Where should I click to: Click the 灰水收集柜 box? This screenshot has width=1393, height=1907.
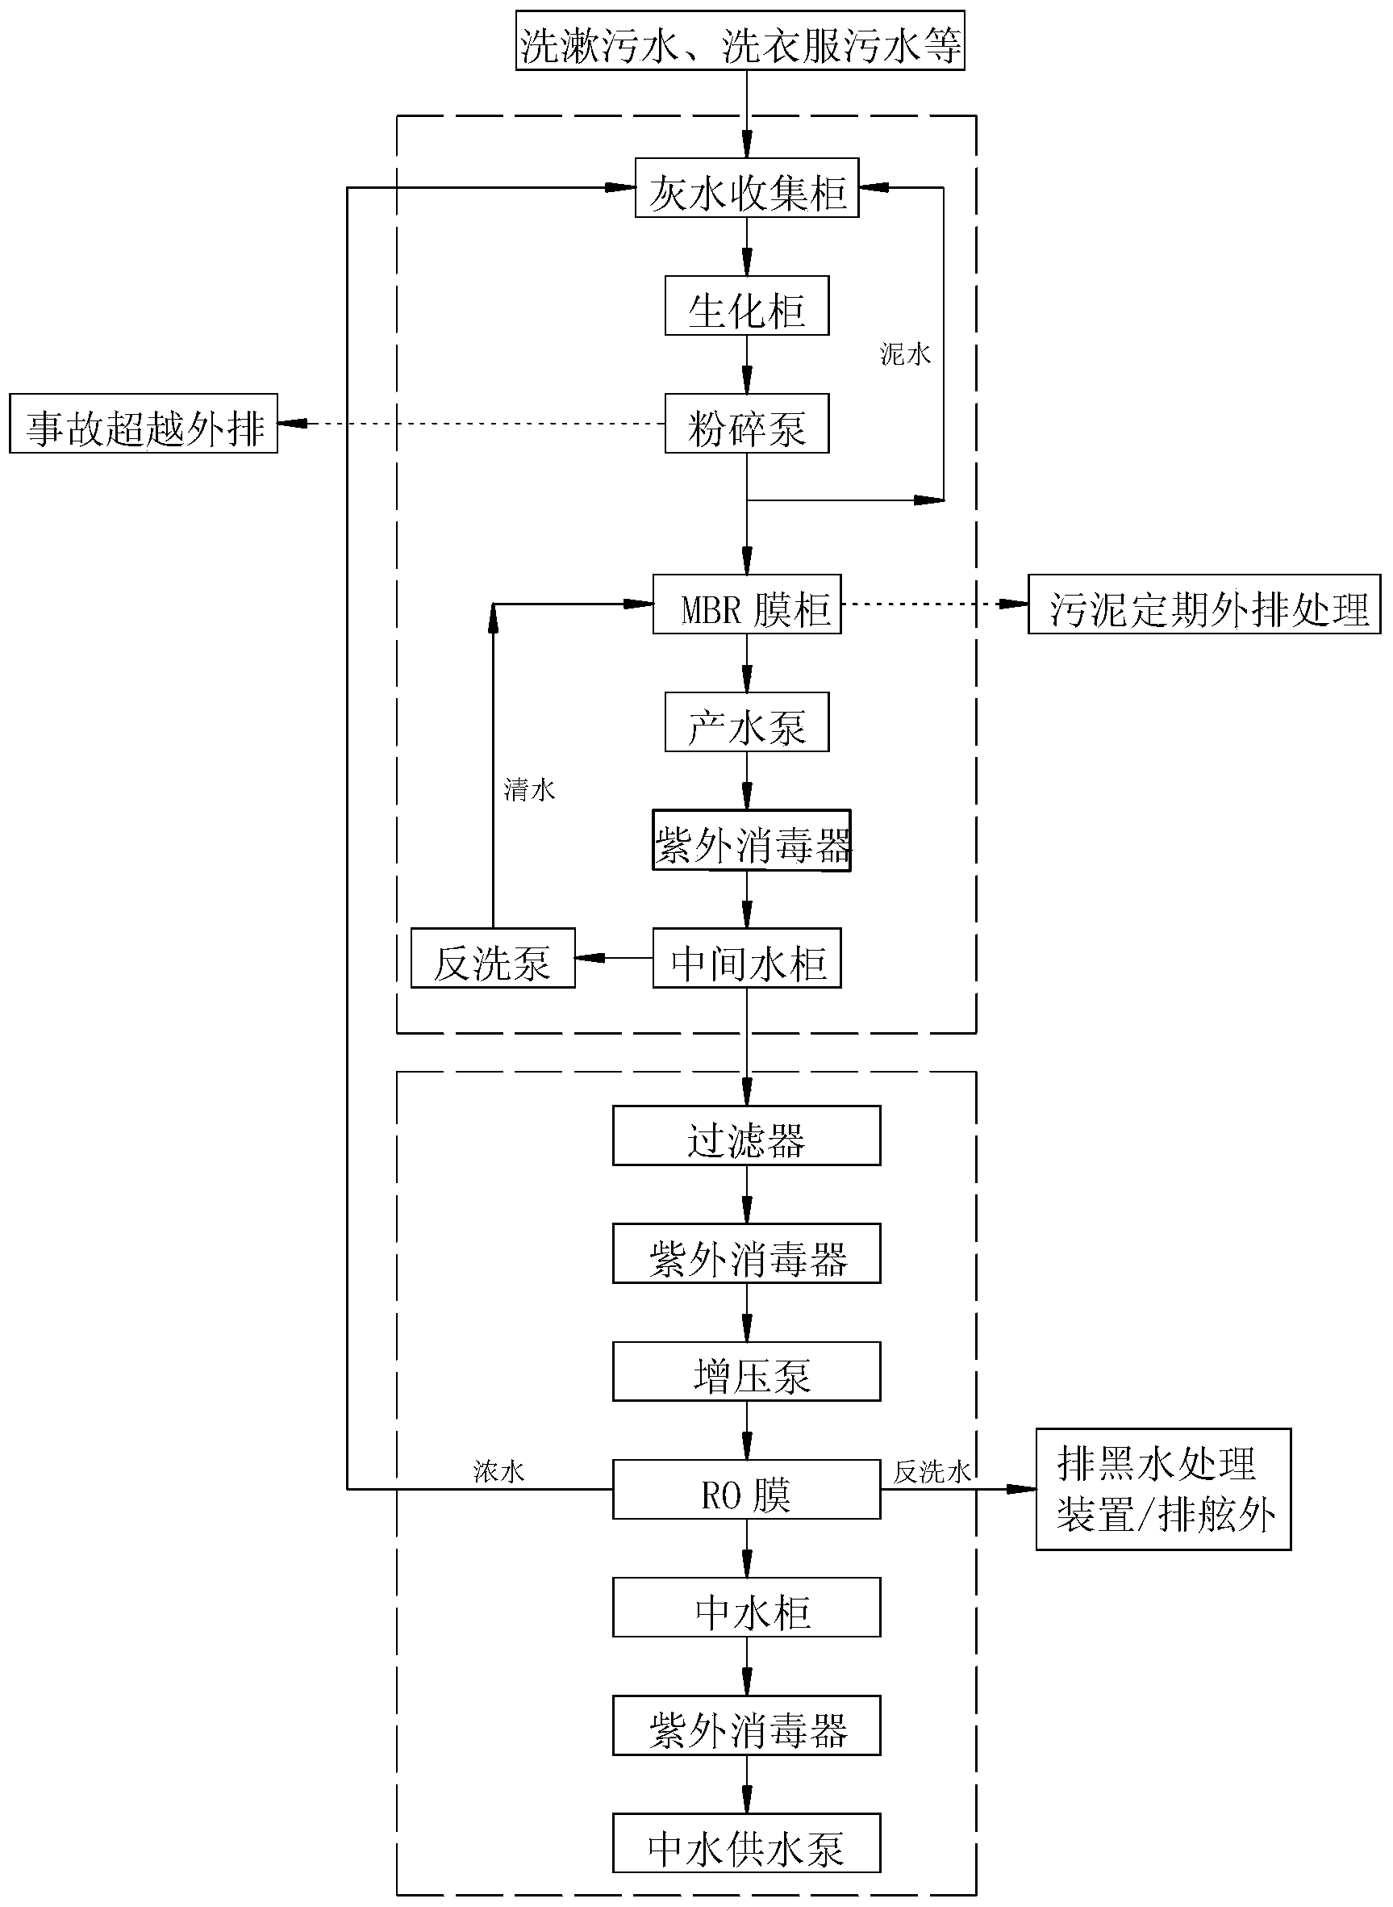[747, 187]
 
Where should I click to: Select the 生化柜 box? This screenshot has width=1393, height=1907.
[747, 305]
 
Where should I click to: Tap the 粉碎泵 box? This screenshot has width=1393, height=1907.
[747, 424]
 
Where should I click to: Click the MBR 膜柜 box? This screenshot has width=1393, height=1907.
[747, 604]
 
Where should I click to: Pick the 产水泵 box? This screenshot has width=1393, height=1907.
[747, 722]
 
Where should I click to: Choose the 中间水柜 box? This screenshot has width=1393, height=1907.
[747, 958]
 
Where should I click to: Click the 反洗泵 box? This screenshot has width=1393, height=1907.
[494, 958]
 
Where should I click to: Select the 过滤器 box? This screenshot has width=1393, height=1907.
[747, 1136]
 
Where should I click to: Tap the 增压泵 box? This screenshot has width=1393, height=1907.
[747, 1371]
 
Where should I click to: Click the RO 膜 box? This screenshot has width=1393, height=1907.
[747, 1490]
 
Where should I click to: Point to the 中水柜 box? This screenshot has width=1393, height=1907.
[747, 1608]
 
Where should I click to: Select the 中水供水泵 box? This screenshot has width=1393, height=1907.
[747, 1844]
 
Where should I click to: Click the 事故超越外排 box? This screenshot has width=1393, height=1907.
[144, 424]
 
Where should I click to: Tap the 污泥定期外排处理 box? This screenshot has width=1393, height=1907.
[1205, 604]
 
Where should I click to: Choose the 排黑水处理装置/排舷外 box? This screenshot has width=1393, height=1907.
[1164, 1490]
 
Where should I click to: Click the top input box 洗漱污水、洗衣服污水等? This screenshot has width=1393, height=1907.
[740, 40]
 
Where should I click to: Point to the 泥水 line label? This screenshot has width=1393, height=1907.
[906, 354]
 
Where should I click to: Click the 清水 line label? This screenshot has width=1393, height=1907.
[530, 789]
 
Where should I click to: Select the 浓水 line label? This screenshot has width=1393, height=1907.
[499, 1472]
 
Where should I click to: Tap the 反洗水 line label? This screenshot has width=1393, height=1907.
[932, 1472]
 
